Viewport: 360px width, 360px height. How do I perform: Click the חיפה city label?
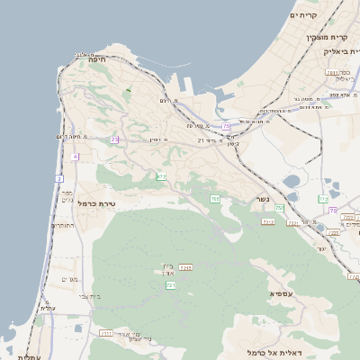97,59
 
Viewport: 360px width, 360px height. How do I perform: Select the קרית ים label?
305,15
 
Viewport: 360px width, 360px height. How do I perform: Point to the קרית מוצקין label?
326,38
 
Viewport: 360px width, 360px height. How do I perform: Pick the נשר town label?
262,200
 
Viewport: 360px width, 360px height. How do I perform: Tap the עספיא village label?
281,294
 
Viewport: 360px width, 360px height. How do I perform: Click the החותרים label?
63,226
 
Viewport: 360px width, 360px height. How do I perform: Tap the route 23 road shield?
114,139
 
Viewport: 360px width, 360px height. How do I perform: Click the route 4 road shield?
75,157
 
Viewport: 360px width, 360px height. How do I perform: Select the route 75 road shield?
226,126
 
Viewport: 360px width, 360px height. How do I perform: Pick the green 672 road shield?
161,176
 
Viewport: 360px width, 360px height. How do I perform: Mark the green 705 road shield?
215,198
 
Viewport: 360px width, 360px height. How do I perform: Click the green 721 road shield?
170,285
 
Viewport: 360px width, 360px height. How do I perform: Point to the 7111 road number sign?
105,333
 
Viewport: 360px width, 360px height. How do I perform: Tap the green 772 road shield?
324,198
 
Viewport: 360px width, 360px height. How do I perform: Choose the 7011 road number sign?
332,72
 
